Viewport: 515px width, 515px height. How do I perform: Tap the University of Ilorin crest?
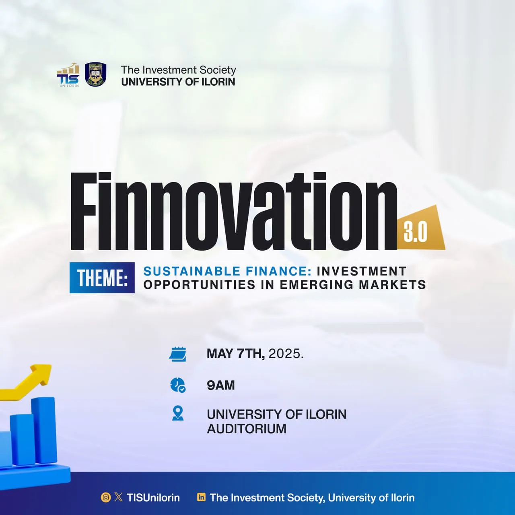tap(95, 74)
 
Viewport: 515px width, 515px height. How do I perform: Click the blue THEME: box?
tap(102, 278)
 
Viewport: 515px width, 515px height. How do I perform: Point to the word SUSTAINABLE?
tap(192, 271)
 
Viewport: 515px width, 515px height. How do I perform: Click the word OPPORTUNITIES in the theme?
tap(200, 285)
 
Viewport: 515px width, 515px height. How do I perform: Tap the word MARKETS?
tap(392, 285)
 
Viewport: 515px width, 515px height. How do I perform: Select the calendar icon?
tap(177, 354)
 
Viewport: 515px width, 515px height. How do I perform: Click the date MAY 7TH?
tap(236, 354)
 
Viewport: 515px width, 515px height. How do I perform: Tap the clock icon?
tap(178, 385)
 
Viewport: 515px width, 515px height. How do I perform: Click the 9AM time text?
tap(221, 385)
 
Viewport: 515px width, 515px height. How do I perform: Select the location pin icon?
tap(178, 414)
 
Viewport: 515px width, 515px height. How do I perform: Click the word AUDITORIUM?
tap(246, 428)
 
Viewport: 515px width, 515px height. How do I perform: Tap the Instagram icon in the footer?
tap(105, 497)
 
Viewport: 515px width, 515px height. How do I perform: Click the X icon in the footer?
tap(118, 497)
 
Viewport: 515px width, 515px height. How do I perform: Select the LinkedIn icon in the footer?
tap(201, 497)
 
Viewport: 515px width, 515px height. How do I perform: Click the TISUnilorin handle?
tap(153, 498)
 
